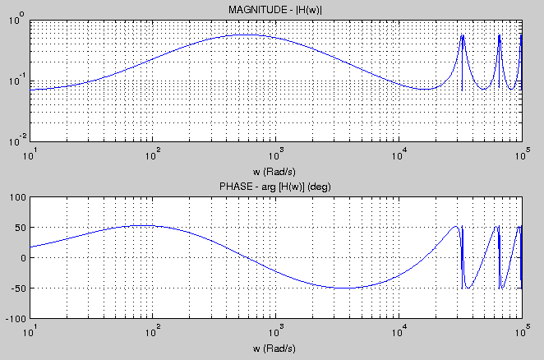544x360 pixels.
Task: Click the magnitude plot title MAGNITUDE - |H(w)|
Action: click(x=275, y=9)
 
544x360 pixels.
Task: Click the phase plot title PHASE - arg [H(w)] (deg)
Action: click(x=275, y=187)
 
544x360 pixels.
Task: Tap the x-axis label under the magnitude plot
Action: click(x=275, y=170)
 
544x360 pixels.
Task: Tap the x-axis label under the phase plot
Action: click(x=275, y=348)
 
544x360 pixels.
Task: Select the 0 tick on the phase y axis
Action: click(x=23, y=258)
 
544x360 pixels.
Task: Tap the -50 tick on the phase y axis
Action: click(x=18, y=288)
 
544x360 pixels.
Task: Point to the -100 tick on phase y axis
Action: click(x=16, y=318)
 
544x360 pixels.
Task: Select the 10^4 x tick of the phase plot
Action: click(x=400, y=330)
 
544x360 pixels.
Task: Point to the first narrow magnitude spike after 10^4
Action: click(x=462, y=35)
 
